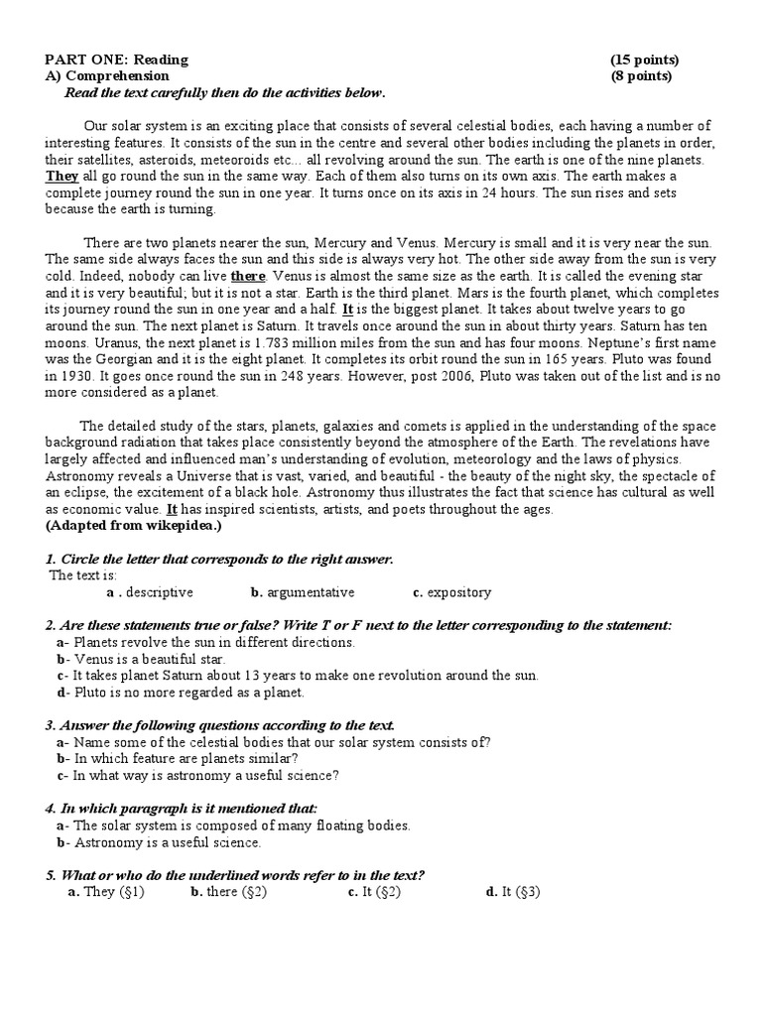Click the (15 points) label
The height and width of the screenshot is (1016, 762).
645,61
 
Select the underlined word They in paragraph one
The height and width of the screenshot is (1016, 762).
62,177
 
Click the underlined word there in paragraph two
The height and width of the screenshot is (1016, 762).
249,275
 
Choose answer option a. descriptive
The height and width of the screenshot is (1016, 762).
150,592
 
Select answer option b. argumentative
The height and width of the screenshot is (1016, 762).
302,592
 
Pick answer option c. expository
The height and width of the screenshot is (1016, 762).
451,592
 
